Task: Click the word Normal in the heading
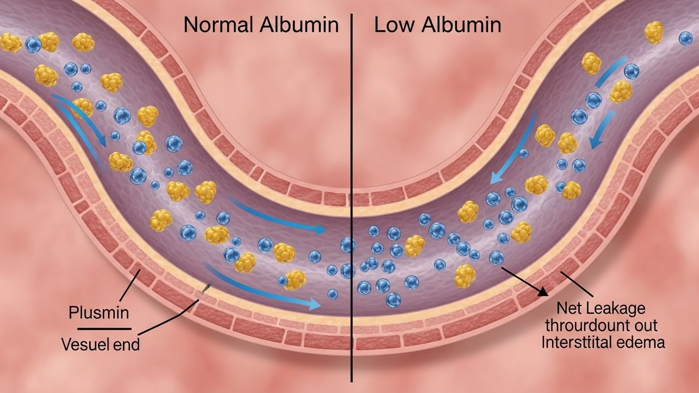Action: pos(217,25)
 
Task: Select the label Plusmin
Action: pos(98,312)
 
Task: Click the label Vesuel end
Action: pos(100,344)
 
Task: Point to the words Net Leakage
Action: pos(601,309)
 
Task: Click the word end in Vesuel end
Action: pos(126,344)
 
